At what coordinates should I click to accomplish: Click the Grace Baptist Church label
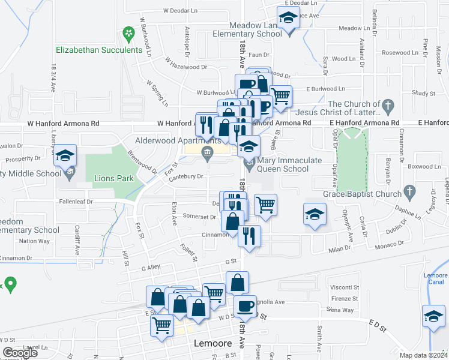(362, 194)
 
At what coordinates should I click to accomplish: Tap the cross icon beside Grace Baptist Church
(410, 193)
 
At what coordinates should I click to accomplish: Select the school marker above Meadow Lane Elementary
(288, 19)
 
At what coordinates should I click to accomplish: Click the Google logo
(20, 353)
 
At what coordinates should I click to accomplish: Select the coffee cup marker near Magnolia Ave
(244, 307)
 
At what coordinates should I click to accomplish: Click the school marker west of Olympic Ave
(313, 215)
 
